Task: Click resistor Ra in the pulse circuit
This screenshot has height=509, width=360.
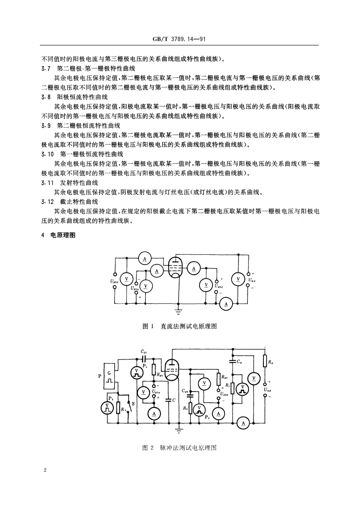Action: click(265, 362)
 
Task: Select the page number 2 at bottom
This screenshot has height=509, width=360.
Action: click(45, 470)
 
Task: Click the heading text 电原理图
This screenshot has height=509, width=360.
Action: click(63, 235)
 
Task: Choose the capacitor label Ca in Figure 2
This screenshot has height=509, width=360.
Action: click(239, 362)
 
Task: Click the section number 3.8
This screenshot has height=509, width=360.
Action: click(45, 97)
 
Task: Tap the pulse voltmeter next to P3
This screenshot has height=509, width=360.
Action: click(107, 407)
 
